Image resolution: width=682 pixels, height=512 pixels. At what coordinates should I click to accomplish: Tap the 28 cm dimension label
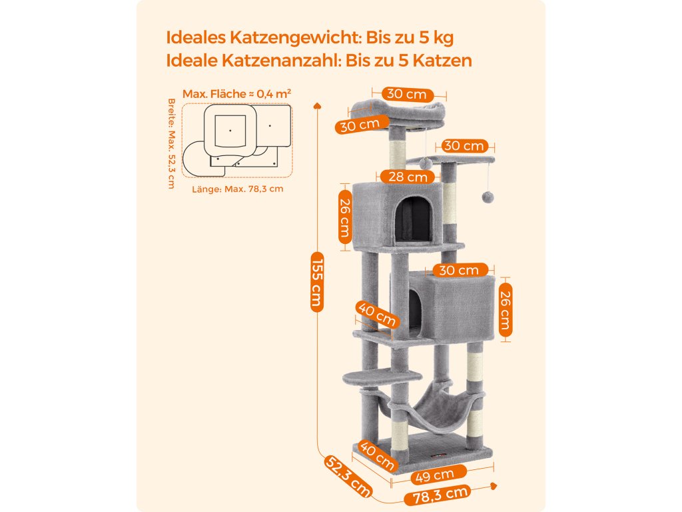click(x=407, y=177)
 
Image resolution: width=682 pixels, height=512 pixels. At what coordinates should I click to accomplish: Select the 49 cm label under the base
click(x=434, y=475)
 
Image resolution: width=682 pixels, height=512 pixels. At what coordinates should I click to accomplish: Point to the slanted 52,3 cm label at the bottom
click(x=348, y=476)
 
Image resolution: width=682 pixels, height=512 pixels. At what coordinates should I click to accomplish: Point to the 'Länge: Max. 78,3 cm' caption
click(x=237, y=189)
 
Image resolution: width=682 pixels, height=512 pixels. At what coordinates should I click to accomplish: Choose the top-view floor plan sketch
click(x=236, y=141)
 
